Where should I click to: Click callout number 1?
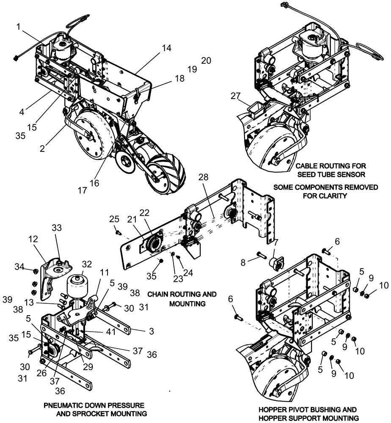[x=18, y=27]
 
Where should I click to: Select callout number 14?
[x=166, y=48]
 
